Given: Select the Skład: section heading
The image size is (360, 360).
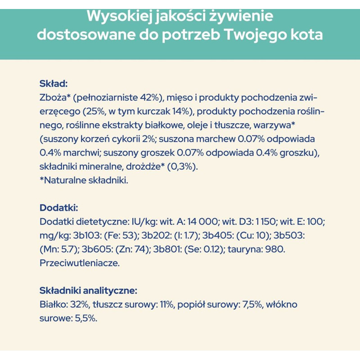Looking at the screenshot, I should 54,84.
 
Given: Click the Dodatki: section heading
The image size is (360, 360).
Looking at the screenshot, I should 59,208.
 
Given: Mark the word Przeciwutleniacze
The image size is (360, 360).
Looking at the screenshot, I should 80,263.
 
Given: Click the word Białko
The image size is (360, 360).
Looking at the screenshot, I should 52,305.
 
